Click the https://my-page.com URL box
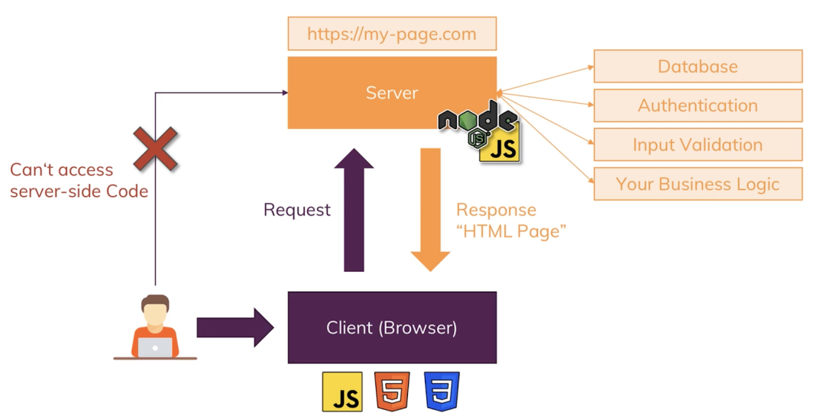392,34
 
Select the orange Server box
392,92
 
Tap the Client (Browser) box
392,328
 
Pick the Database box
698,66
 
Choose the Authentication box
698,105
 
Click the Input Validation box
698,144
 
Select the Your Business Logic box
698,184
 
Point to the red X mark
155,148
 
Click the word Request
297,210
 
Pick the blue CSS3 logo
442,392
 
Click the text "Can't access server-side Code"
79,180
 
